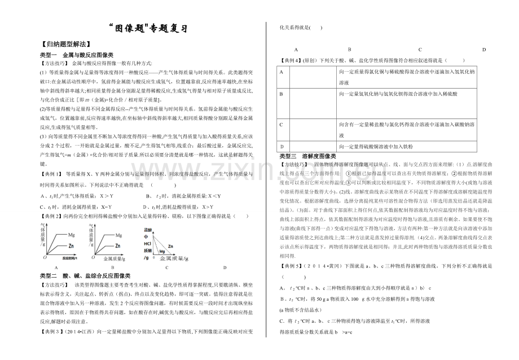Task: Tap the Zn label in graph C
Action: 164,247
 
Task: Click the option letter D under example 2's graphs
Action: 224,267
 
